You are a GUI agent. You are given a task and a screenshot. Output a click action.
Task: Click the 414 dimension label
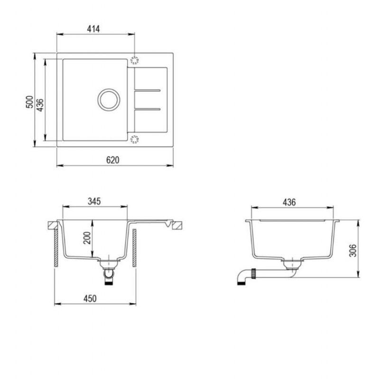pyautogui.click(x=93, y=29)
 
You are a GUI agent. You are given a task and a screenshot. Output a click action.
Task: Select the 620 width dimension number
pyautogui.click(x=113, y=160)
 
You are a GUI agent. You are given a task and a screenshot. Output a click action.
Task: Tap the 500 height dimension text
pyautogui.click(x=29, y=102)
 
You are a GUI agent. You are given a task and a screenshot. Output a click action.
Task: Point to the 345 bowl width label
pyautogui.click(x=94, y=201)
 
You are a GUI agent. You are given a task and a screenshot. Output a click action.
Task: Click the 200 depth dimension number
pyautogui.click(x=87, y=238)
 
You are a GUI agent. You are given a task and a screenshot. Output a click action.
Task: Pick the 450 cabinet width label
pyautogui.click(x=90, y=298)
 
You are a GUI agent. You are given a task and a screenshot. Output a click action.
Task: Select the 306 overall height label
pyautogui.click(x=353, y=251)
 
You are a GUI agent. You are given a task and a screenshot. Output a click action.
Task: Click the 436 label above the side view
pyautogui.click(x=289, y=202)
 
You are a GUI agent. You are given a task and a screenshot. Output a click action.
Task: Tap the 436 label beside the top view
pyautogui.click(x=40, y=105)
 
